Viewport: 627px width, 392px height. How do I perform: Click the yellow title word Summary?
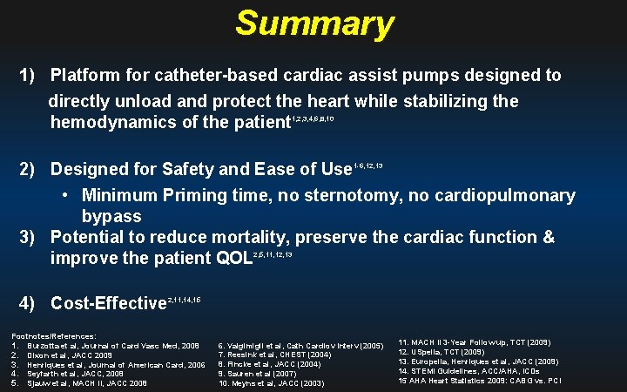(313, 24)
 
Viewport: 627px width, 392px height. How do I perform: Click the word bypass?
(111, 215)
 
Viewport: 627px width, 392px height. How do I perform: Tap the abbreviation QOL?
(231, 259)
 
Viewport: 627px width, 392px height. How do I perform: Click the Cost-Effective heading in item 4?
(109, 304)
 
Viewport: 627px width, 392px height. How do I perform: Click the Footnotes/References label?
(53, 335)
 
